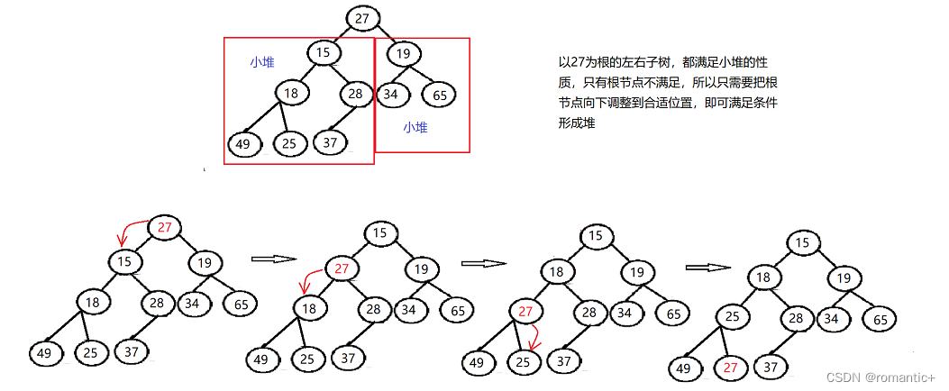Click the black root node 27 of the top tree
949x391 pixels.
[x=362, y=18]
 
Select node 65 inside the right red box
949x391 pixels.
[x=439, y=95]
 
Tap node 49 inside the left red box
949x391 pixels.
[x=243, y=144]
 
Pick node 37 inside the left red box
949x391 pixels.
[x=331, y=142]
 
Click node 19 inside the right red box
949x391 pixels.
[x=404, y=53]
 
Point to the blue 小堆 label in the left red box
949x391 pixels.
[x=262, y=62]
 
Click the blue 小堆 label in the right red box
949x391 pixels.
[x=415, y=128]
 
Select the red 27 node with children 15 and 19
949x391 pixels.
[x=164, y=227]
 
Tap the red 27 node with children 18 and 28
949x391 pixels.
[x=342, y=268]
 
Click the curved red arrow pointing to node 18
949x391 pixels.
[x=309, y=277]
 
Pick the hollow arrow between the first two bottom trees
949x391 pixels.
[x=272, y=259]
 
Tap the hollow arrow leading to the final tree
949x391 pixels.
[x=707, y=267]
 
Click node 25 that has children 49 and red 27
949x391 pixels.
[x=735, y=316]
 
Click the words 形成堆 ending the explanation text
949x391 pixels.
[x=578, y=123]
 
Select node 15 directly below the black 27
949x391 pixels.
[x=324, y=52]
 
